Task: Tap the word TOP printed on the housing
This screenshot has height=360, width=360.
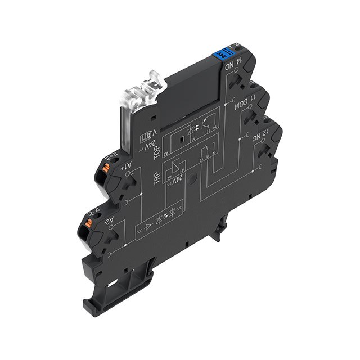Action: point(158,152)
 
